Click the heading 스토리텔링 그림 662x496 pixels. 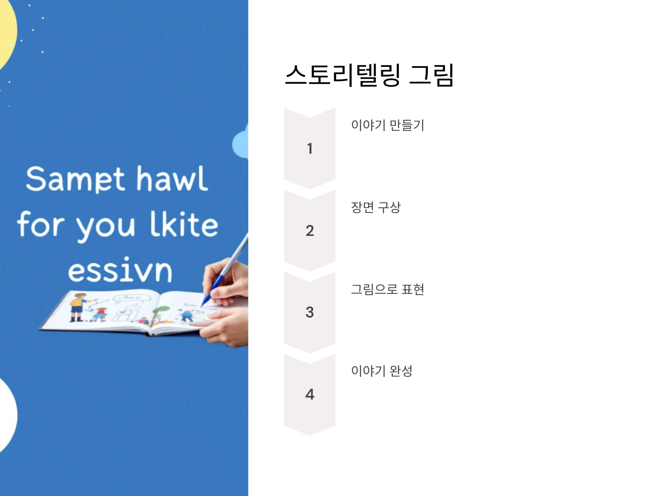[369, 75]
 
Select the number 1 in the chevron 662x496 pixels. [310, 149]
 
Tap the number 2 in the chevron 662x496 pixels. [310, 231]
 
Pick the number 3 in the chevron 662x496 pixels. [310, 312]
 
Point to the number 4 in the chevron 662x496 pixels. [310, 394]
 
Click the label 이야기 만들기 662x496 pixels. [388, 125]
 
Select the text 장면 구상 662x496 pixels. [376, 207]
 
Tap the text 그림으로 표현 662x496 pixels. [388, 289]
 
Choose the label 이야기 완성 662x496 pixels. [381, 371]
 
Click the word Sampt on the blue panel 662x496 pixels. [75, 179]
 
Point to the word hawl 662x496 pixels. [172, 179]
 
